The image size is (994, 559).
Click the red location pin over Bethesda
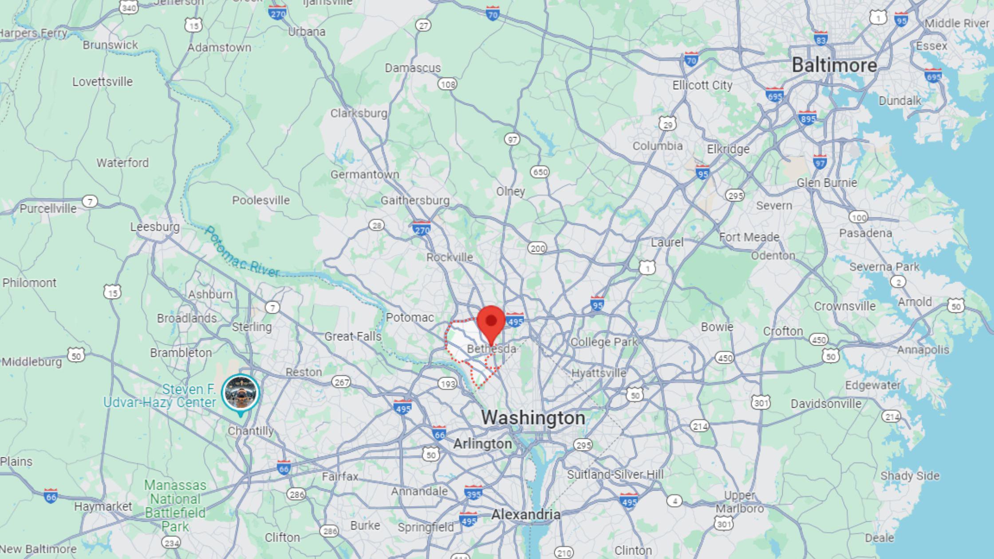(x=491, y=322)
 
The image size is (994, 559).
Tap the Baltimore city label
(x=834, y=66)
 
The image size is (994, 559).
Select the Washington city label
(x=533, y=417)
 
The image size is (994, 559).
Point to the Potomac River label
(x=242, y=252)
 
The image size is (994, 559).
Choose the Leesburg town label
(x=155, y=227)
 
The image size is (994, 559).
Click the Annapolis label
(x=923, y=350)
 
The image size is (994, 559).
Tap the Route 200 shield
(x=537, y=248)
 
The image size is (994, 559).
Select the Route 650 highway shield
(x=540, y=172)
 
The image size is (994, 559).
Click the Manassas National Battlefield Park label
(x=175, y=506)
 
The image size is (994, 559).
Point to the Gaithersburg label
(x=415, y=201)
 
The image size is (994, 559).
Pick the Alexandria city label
(x=526, y=515)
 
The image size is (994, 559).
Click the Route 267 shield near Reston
(x=341, y=382)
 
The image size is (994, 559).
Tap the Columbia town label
(x=658, y=146)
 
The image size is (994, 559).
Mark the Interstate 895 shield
(x=807, y=118)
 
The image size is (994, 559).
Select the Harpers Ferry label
(x=33, y=33)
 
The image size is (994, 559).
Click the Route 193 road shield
(x=447, y=384)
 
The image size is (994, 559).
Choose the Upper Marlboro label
(x=739, y=502)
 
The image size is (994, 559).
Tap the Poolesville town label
(x=261, y=201)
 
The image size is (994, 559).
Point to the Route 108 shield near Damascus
(x=447, y=84)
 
